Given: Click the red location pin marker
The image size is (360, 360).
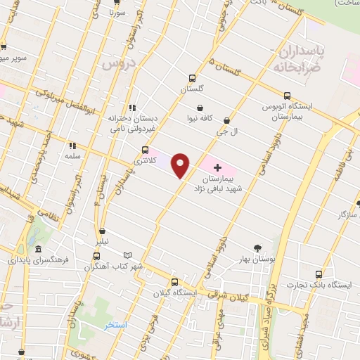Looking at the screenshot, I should tap(181, 165).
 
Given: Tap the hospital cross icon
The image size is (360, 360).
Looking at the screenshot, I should tap(217, 168).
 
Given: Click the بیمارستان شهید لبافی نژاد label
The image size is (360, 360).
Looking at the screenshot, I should tap(224, 184).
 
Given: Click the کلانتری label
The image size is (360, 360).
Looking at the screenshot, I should tap(145, 161).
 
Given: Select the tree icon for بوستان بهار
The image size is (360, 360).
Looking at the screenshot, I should tap(257, 247).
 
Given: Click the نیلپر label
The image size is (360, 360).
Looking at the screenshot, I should tap(103, 241).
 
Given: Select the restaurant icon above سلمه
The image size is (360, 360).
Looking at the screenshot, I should tap(71, 146).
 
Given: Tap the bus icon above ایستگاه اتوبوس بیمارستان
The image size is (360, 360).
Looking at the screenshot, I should tap(286, 96).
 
